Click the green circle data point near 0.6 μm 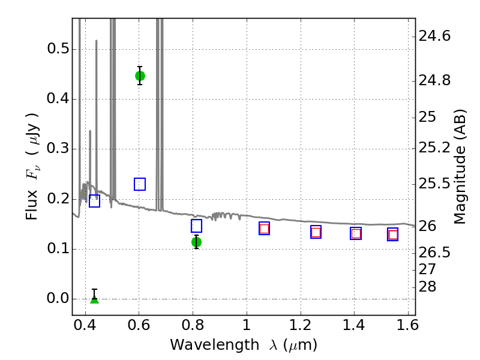(140, 76)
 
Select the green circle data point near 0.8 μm (196, 242)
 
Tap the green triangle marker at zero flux (95, 299)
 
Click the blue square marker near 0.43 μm (95, 201)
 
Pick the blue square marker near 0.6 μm (140, 184)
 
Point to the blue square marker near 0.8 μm (196, 226)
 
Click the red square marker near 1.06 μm (264, 229)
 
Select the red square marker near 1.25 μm (316, 232)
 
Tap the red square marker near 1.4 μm (356, 233)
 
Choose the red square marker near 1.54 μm (393, 235)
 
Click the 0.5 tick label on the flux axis (58, 49)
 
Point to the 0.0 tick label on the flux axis (58, 298)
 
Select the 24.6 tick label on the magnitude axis (434, 36)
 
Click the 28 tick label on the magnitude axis (427, 287)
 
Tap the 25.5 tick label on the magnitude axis (434, 184)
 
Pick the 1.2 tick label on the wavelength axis (301, 325)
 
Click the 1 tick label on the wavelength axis (247, 325)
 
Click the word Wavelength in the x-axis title (215, 344)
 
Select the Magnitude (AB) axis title (459, 167)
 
